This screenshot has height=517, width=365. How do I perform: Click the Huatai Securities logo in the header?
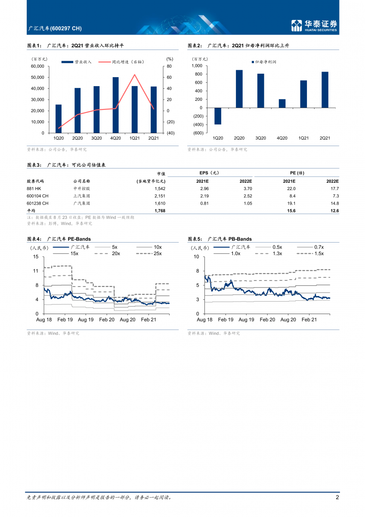(x=314, y=25)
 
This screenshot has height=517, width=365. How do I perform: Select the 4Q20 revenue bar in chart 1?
(x=115, y=105)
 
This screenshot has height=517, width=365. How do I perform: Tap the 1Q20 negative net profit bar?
(x=218, y=116)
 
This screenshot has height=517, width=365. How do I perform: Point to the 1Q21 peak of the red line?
(x=135, y=75)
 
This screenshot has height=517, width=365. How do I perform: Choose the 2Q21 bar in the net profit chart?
(x=325, y=90)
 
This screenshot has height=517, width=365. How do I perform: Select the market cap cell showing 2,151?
(x=159, y=196)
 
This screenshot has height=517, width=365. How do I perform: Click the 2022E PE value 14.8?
(x=334, y=203)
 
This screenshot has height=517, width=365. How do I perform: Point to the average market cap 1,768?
(x=159, y=211)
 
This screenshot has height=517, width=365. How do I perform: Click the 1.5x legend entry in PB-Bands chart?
(x=319, y=254)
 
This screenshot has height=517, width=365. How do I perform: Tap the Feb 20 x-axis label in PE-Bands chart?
(x=106, y=320)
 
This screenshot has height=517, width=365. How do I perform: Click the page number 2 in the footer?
(x=337, y=497)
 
